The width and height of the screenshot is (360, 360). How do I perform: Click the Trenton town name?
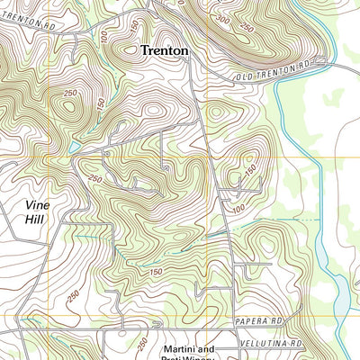165,51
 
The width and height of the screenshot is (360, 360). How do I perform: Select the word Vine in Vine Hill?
40,203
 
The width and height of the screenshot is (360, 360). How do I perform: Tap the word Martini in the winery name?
177,348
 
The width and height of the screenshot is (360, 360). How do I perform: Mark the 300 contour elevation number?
223,18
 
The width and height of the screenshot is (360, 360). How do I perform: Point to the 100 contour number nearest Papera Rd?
237,210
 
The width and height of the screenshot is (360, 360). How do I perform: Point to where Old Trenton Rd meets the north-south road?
202,77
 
